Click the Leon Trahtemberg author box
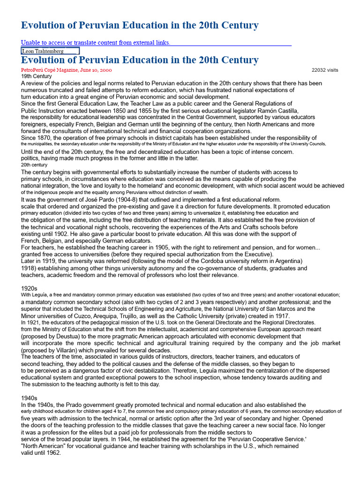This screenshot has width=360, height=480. click(x=50, y=51)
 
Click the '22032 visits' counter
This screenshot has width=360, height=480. click(x=325, y=70)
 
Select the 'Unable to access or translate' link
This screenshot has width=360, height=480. click(x=96, y=43)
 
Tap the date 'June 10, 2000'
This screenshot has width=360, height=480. click(x=96, y=70)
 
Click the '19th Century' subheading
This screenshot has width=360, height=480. click(x=37, y=76)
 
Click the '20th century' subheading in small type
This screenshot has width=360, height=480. click(x=34, y=165)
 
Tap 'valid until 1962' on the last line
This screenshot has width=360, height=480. click(x=41, y=453)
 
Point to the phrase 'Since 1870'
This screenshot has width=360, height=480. click(x=38, y=138)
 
